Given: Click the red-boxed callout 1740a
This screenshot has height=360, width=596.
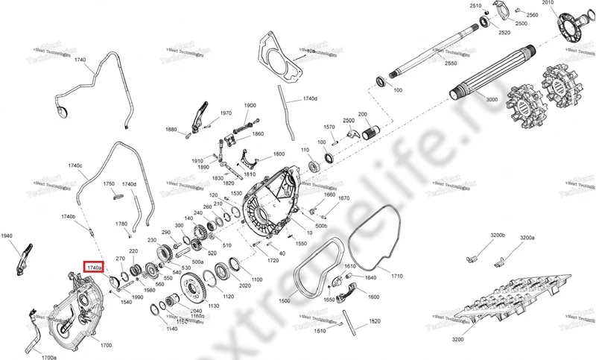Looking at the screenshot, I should tap(95, 267).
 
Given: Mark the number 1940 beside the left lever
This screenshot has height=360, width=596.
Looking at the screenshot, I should tap(7, 236).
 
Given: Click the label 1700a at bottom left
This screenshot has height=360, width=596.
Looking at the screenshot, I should tap(48, 357).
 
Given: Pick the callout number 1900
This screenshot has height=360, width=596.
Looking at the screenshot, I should tap(249, 106).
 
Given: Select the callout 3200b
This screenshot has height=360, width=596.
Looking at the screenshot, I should tap(497, 236).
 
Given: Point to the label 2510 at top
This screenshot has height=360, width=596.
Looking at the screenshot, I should tap(476, 5).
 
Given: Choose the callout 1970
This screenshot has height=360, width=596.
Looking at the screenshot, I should tap(226, 113).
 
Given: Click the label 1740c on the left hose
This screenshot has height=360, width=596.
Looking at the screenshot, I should tap(75, 165).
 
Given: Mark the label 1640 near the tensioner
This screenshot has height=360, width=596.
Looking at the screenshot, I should tap(370, 277).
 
